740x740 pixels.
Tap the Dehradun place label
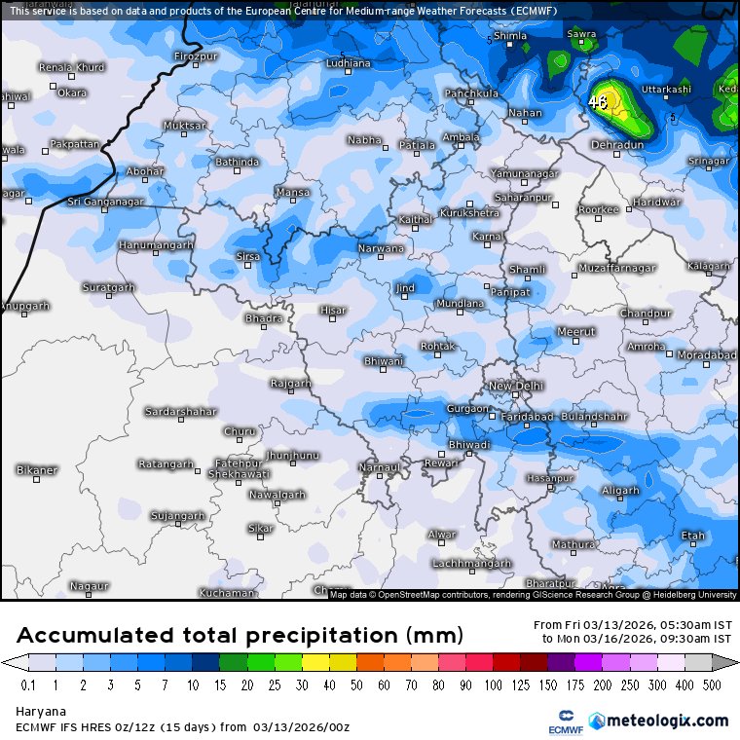point(617,144)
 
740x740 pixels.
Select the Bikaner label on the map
point(37,470)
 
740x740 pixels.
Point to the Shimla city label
point(510,36)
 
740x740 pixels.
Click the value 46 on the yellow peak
point(598,100)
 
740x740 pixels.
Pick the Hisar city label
point(333,311)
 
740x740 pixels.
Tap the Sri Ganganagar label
point(105,202)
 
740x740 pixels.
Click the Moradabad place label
point(706,355)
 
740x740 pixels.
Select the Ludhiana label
point(348,63)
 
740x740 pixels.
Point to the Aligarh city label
point(620,490)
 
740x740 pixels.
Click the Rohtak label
point(437,346)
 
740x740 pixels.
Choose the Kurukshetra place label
point(469,212)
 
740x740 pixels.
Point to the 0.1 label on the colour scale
point(29,685)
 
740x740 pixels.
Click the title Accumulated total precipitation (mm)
point(240,636)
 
